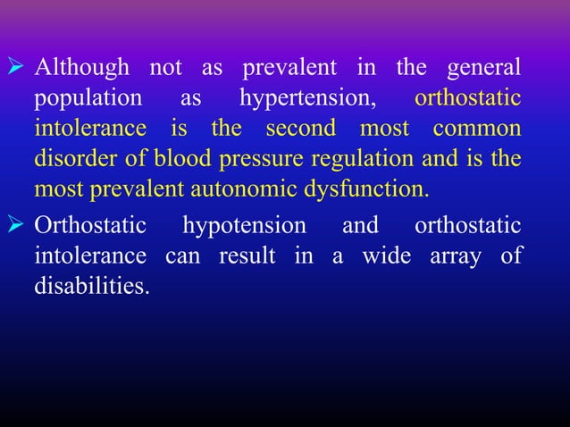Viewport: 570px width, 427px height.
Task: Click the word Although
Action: pos(82,67)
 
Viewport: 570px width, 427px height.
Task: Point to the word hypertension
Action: pos(307,97)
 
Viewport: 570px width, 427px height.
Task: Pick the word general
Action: pos(486,67)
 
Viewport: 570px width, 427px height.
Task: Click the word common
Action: pos(477,129)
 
